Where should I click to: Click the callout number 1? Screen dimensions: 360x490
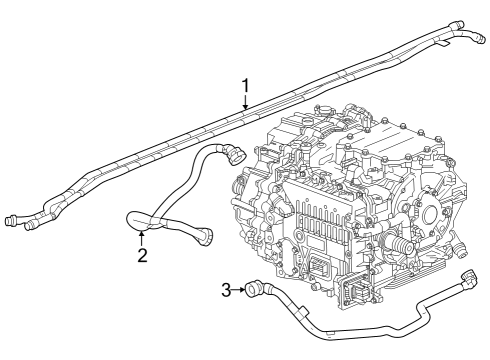tap(245, 86)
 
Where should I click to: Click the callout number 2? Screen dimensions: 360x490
tap(142, 256)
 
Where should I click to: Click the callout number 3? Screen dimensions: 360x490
tap(227, 290)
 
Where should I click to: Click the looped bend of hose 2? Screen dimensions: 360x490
tap(135, 218)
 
